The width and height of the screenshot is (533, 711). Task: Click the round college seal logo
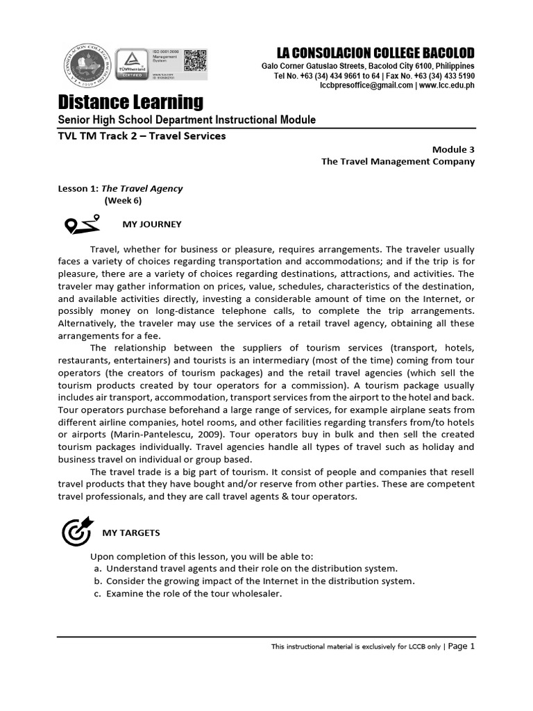(87, 66)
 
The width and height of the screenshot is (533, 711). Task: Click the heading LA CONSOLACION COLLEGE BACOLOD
(375, 53)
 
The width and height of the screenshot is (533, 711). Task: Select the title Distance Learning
(130, 102)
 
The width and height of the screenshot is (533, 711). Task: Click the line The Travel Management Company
(398, 161)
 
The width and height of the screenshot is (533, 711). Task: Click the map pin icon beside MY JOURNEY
(78, 225)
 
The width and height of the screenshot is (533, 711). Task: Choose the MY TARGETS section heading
(131, 533)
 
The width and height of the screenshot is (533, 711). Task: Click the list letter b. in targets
(98, 580)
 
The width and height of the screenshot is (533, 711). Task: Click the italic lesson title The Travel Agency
(142, 188)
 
